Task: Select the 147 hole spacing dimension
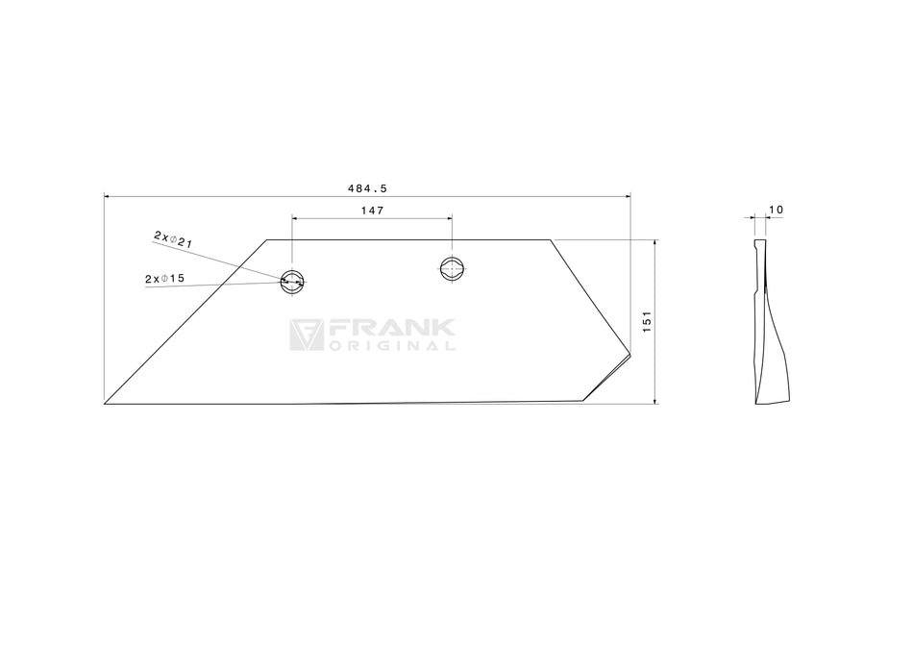coord(372,211)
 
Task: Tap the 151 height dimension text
coord(647,322)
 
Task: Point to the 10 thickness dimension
coord(777,210)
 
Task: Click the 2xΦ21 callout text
coord(173,239)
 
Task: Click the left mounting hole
coord(292,281)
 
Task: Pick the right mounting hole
coord(452,268)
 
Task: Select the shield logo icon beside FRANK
coord(307,335)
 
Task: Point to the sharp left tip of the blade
coord(106,403)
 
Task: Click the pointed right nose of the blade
coord(629,354)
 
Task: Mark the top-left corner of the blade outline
coord(267,240)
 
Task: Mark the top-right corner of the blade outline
coord(551,240)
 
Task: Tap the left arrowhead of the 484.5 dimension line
coord(107,196)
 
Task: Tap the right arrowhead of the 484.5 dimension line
coord(628,196)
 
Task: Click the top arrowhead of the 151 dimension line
coord(654,243)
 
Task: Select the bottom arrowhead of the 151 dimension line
coord(654,400)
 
